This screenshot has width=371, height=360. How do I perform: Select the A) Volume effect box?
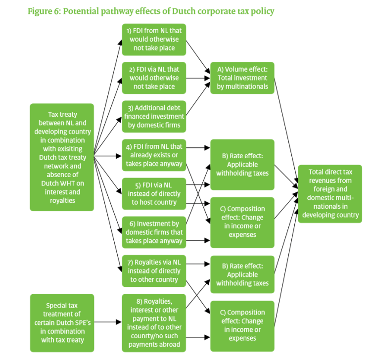point(242,78)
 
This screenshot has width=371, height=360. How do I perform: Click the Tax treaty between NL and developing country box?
point(62,157)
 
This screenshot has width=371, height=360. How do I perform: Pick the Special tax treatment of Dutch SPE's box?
point(62,322)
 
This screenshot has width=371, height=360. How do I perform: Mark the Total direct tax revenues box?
point(329,193)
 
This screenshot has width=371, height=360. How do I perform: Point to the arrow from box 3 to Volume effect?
point(197,102)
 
